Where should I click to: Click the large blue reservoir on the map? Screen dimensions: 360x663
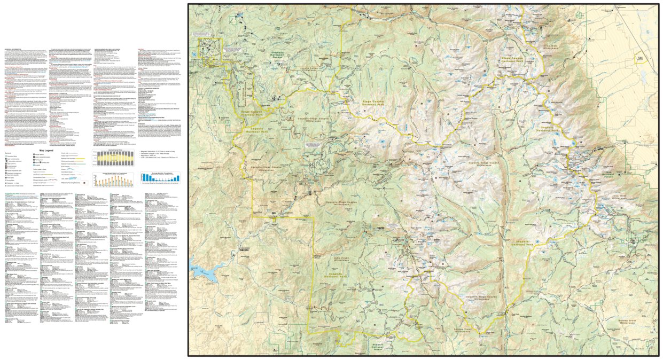(200, 271)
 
